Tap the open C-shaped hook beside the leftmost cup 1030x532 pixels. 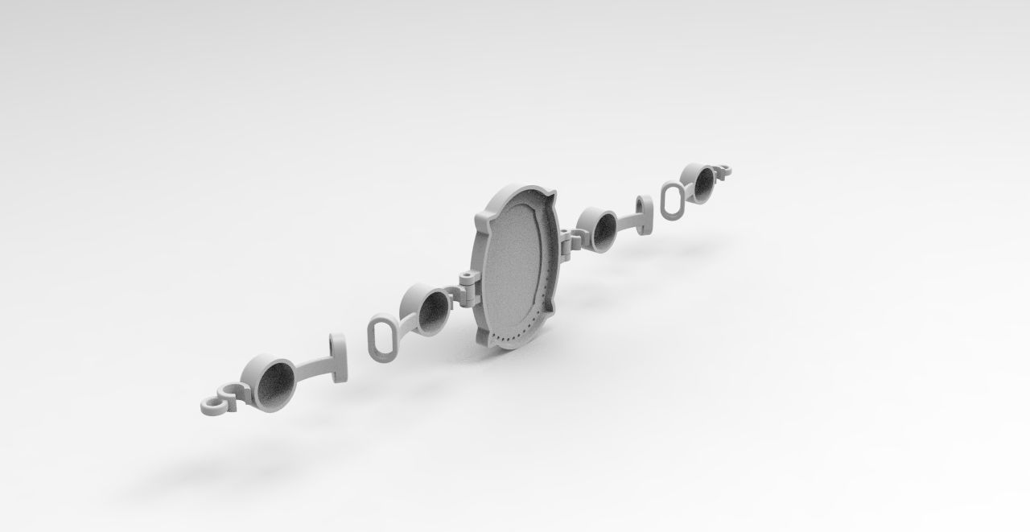point(231,391)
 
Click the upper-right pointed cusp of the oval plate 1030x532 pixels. point(550,198)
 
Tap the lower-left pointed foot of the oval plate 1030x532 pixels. point(484,339)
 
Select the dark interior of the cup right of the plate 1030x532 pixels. point(604,230)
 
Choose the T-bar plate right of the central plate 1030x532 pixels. point(644,216)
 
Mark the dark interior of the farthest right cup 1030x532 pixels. point(704,184)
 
